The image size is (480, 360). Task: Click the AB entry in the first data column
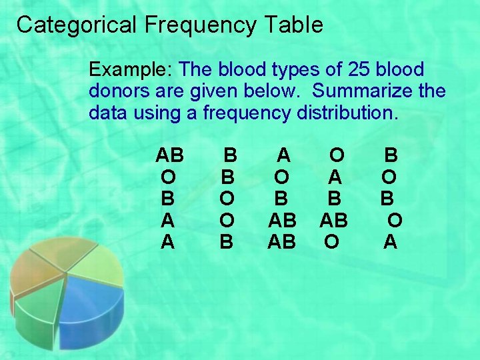click(x=169, y=156)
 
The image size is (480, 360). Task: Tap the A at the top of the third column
click(x=284, y=156)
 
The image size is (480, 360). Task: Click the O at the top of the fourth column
click(x=337, y=156)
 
